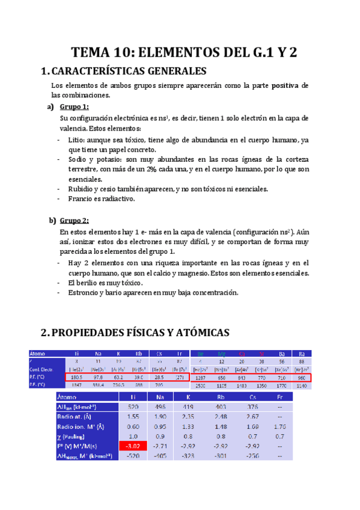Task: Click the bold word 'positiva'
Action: (x=285, y=85)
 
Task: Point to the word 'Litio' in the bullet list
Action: (x=78, y=140)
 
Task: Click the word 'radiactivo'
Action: (x=118, y=198)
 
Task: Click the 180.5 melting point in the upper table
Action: (x=76, y=376)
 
